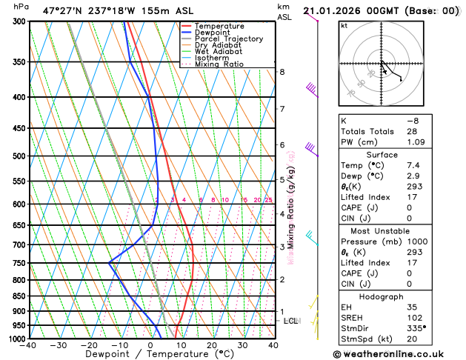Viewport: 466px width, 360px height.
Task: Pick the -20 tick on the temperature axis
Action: (90, 345)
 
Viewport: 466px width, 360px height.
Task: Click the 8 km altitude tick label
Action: (282, 72)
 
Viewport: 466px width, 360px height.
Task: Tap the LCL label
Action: (290, 321)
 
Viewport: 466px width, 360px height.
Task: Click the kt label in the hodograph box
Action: (344, 26)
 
